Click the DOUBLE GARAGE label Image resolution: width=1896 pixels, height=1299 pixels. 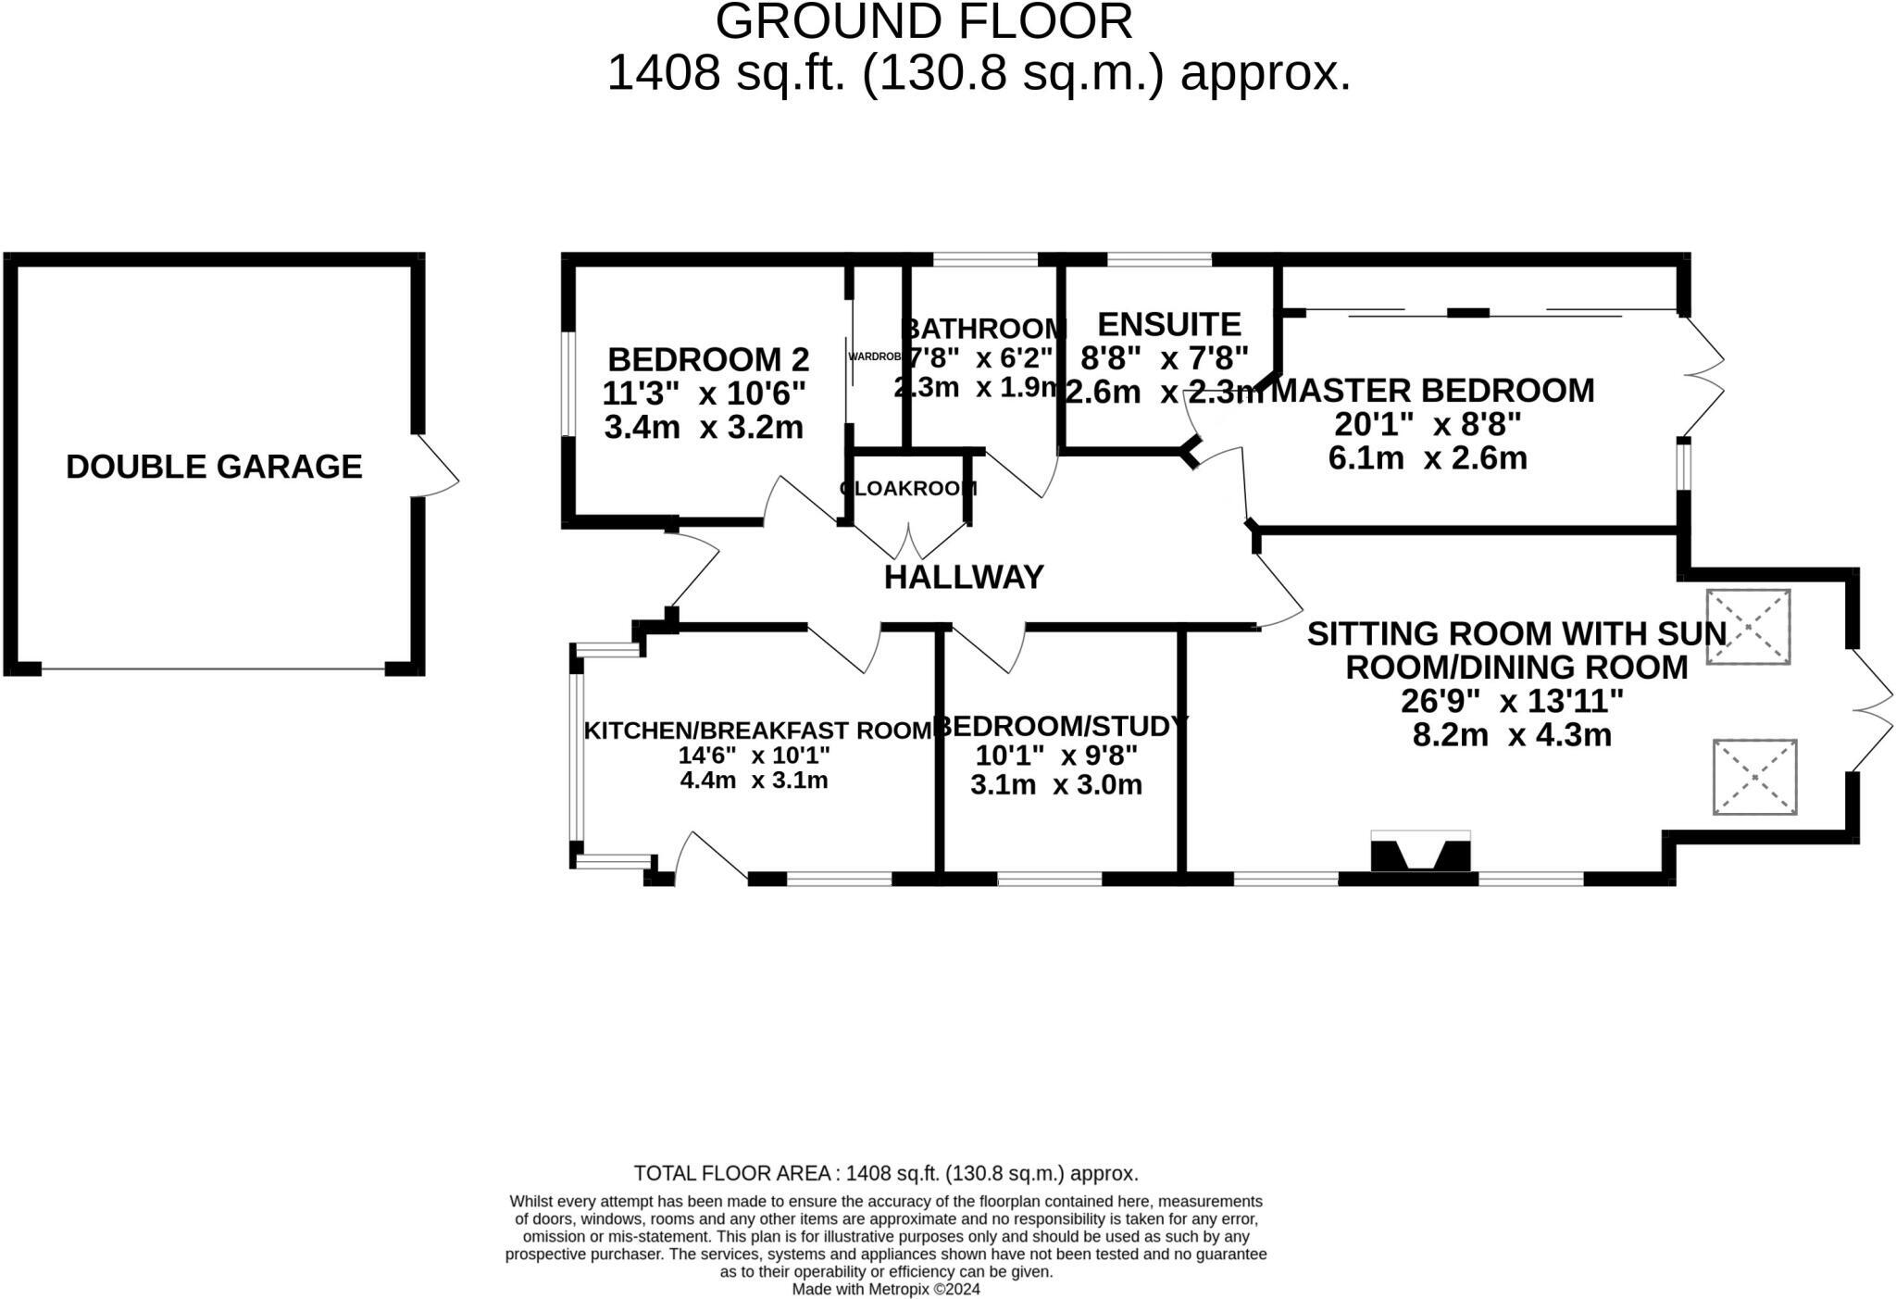214,467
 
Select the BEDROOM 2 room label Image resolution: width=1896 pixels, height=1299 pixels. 708,359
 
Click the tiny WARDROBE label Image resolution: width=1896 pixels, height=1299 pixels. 874,356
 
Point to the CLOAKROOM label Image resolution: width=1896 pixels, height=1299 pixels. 908,489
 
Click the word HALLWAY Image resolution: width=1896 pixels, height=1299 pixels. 964,578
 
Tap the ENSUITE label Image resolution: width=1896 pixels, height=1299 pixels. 1168,325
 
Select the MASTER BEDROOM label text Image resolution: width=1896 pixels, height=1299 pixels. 1433,391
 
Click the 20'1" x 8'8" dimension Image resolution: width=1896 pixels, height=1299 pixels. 1428,425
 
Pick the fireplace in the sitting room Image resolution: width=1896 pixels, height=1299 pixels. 1420,853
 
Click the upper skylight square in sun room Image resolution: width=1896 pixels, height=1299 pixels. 1748,627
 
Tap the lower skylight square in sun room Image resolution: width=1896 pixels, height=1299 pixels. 1754,777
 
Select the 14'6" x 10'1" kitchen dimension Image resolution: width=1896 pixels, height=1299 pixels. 754,756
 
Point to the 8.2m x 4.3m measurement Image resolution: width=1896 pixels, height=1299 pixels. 1512,735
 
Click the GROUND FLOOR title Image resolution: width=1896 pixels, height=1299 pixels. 924,22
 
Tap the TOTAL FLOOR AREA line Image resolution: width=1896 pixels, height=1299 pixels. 886,1174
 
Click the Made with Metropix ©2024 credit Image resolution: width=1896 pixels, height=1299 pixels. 886,1289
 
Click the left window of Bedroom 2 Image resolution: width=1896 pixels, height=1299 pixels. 569,384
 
